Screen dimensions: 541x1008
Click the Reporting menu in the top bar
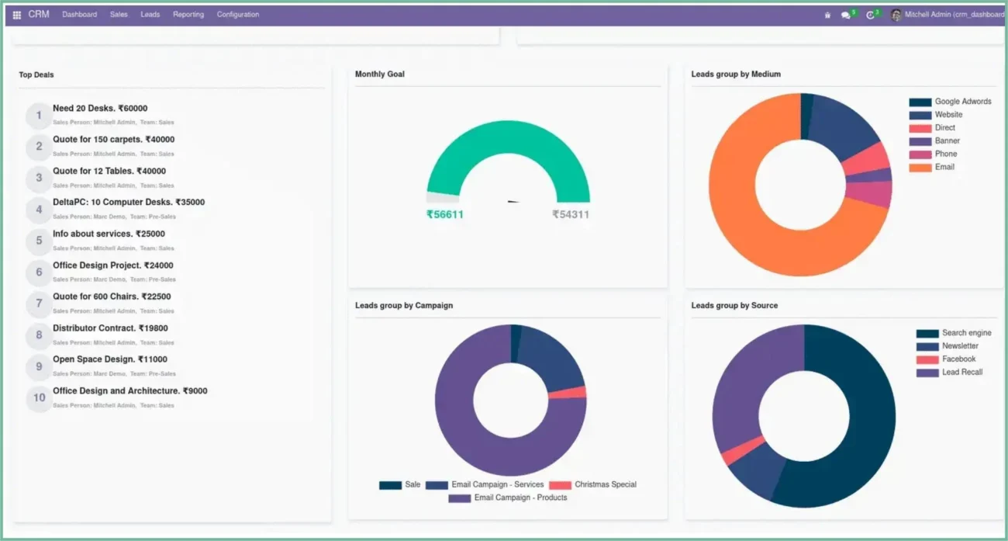coord(188,15)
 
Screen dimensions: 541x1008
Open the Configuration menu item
coord(238,15)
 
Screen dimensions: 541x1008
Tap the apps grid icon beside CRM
coord(17,15)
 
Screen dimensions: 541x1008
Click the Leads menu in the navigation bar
coord(150,15)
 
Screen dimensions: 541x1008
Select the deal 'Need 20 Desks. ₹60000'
coord(100,109)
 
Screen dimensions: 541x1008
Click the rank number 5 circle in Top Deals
coord(39,241)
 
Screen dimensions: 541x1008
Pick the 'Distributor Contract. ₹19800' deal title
coord(110,328)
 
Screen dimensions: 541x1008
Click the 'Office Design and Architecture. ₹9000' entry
coord(129,391)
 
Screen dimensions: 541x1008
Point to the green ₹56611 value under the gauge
coord(445,214)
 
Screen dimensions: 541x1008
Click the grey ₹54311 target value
coord(571,214)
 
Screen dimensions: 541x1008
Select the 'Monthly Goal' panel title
coord(380,75)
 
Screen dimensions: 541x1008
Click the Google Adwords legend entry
coord(962,102)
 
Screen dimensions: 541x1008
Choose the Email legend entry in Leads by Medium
coord(944,167)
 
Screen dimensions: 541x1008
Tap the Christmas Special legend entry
coord(605,484)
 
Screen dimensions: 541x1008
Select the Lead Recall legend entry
coord(961,373)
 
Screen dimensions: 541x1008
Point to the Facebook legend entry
coord(958,359)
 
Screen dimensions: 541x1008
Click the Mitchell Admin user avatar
coord(896,15)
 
